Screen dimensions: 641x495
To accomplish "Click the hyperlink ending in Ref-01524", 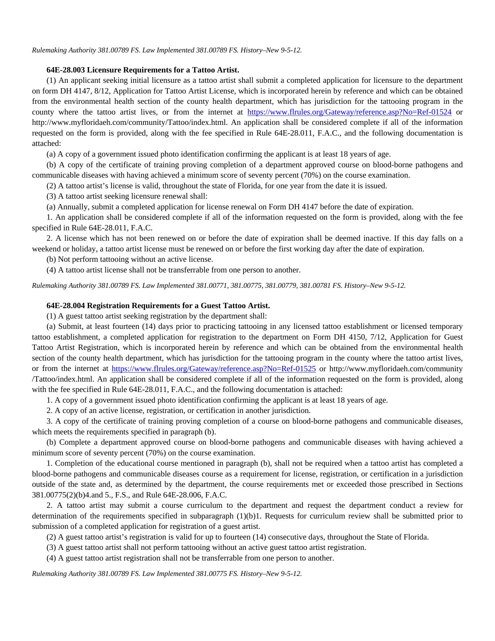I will point(349,112).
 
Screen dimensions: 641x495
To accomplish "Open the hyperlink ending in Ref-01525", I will point(213,369).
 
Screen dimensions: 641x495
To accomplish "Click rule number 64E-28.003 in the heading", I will point(66,70).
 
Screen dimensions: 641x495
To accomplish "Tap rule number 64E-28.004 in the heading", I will point(66,305).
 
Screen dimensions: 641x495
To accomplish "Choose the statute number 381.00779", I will point(281,286).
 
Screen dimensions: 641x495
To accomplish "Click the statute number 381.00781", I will point(315,286).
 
